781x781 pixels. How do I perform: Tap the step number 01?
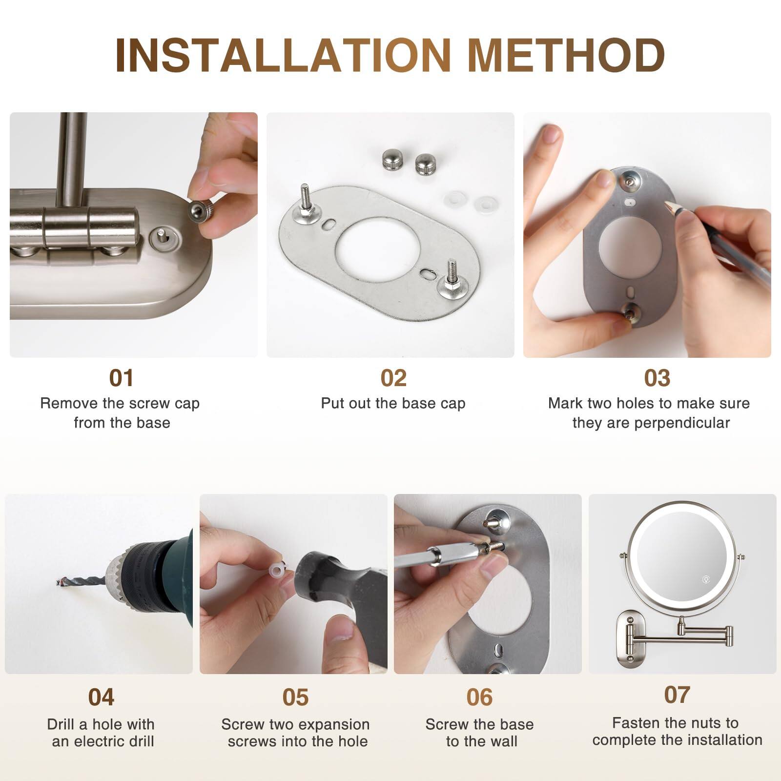pos(121,378)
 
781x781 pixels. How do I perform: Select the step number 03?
pos(657,378)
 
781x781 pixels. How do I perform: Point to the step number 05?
pos(295,697)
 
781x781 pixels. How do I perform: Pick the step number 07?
pos(677,695)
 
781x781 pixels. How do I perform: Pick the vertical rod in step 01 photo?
pos(72,156)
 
